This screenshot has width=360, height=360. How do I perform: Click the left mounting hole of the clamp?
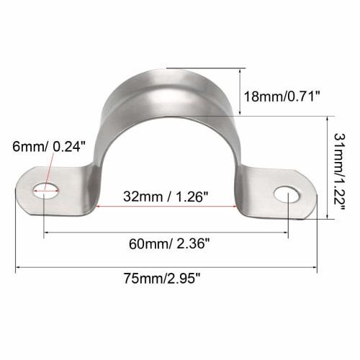coord(47,191)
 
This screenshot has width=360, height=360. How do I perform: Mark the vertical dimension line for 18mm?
coord(238,91)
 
